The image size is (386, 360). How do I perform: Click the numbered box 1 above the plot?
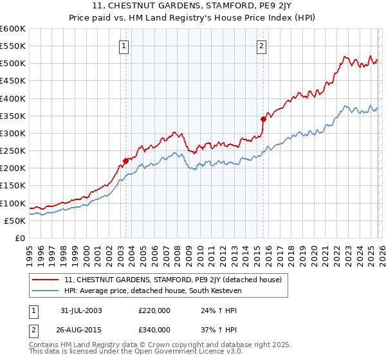(124, 45)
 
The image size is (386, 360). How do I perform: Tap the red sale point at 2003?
(126, 161)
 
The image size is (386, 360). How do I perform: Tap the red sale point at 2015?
(263, 119)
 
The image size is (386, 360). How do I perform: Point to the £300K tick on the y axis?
(13, 133)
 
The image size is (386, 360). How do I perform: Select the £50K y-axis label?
(15, 221)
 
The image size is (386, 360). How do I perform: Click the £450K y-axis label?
(13, 81)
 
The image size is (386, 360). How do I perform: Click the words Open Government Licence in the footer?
(174, 354)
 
